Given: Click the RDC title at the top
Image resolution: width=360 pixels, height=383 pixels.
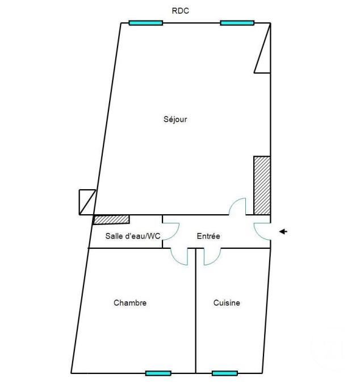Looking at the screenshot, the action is [181, 11].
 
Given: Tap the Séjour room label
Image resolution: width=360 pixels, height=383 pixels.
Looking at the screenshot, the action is [175, 119].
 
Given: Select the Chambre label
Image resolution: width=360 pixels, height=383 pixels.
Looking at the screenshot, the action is [130, 303].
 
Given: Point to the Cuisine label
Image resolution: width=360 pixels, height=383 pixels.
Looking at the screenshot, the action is [227, 303].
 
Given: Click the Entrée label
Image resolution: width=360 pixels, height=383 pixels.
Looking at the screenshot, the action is [208, 236].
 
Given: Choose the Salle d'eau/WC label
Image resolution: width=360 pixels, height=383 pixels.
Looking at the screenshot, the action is [133, 236].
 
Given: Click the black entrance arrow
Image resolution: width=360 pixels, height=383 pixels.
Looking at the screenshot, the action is [283, 231].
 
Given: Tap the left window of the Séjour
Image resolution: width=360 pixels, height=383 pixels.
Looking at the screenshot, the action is [146, 23].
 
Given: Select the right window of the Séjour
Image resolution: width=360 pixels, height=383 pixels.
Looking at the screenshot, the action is [237, 23].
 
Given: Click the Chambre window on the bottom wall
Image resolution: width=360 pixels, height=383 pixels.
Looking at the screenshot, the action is [158, 373].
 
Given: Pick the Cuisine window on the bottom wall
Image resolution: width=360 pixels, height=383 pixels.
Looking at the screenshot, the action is [225, 373].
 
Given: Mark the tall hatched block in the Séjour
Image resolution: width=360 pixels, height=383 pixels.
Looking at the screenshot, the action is [262, 185].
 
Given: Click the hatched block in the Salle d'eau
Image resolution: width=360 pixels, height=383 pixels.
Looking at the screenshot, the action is [111, 219].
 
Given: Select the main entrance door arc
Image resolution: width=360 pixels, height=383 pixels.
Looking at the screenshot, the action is [258, 235].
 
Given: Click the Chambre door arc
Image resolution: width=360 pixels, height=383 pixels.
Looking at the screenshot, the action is [175, 260].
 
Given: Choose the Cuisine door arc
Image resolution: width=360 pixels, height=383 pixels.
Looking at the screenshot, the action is [216, 260].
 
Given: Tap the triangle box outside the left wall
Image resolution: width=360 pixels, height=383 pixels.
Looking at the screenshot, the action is [87, 202].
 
